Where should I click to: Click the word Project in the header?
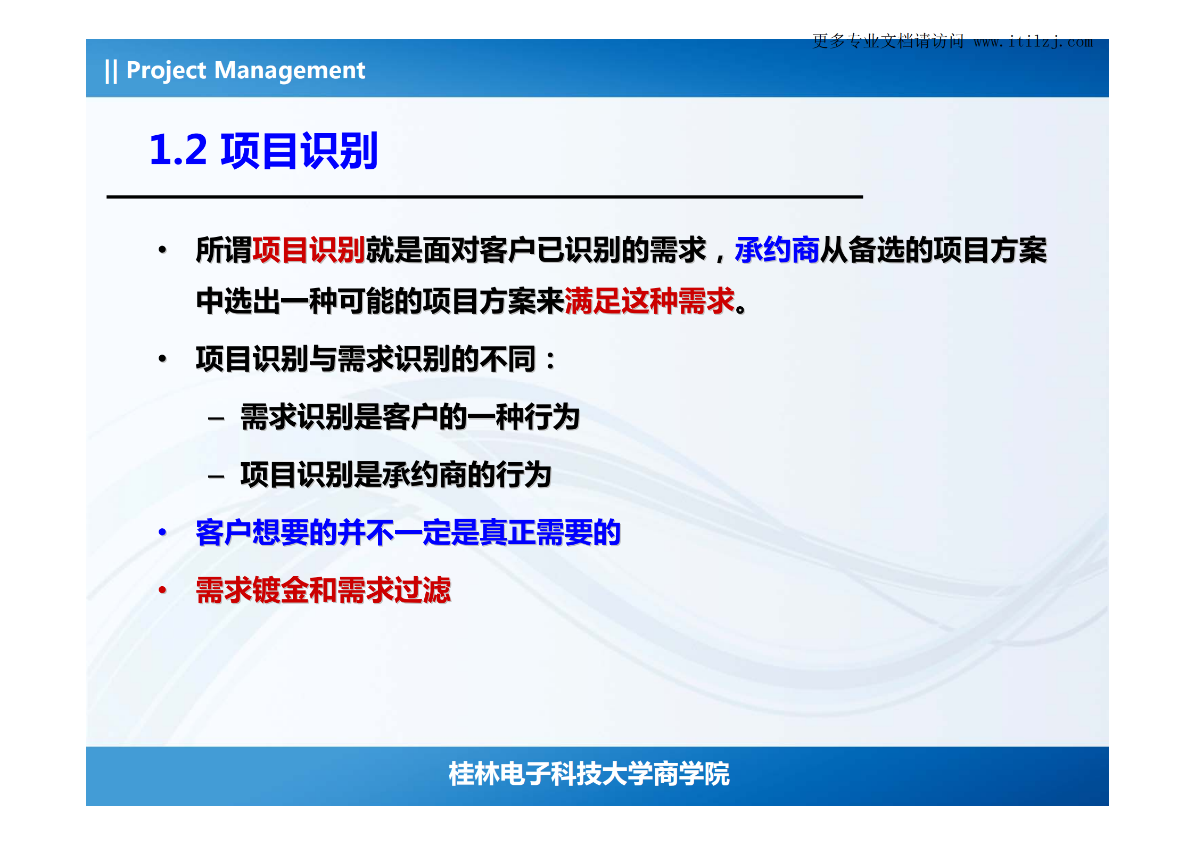[166, 71]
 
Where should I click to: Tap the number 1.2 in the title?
[178, 150]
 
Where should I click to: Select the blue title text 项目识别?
[299, 151]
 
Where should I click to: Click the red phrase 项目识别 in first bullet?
[308, 250]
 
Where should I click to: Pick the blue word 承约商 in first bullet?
[776, 250]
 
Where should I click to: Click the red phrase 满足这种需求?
[649, 301]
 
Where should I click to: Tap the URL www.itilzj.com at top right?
[1033, 42]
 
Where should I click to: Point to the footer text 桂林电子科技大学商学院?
[589, 774]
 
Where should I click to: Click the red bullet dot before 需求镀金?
[162, 589]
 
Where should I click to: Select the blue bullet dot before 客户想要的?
[162, 531]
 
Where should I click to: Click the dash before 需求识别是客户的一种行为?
[216, 419]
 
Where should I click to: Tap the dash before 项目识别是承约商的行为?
[216, 476]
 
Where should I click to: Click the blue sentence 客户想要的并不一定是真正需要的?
[408, 532]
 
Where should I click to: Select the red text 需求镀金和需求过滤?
[323, 590]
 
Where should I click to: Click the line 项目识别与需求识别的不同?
[375, 359]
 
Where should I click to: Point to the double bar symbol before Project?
[111, 71]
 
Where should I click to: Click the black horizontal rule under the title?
[484, 197]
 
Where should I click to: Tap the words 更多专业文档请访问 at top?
[888, 41]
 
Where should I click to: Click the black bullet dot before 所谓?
[162, 249]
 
